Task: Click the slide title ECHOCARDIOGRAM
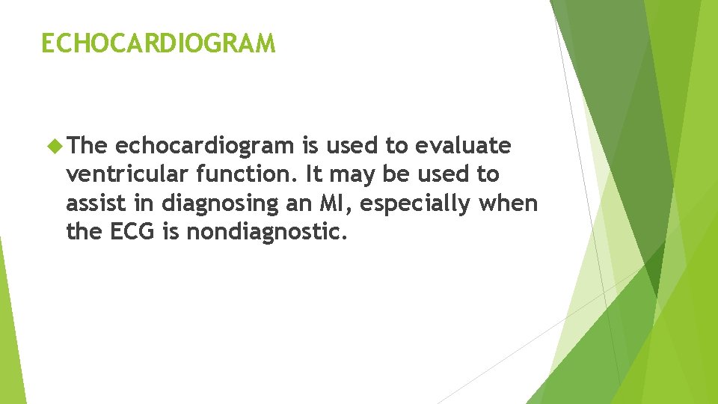pos(159,43)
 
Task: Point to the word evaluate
pos(464,146)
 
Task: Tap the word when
pos(512,203)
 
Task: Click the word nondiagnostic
pos(267,231)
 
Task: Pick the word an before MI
pos(325,203)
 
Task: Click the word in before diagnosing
pos(152,203)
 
